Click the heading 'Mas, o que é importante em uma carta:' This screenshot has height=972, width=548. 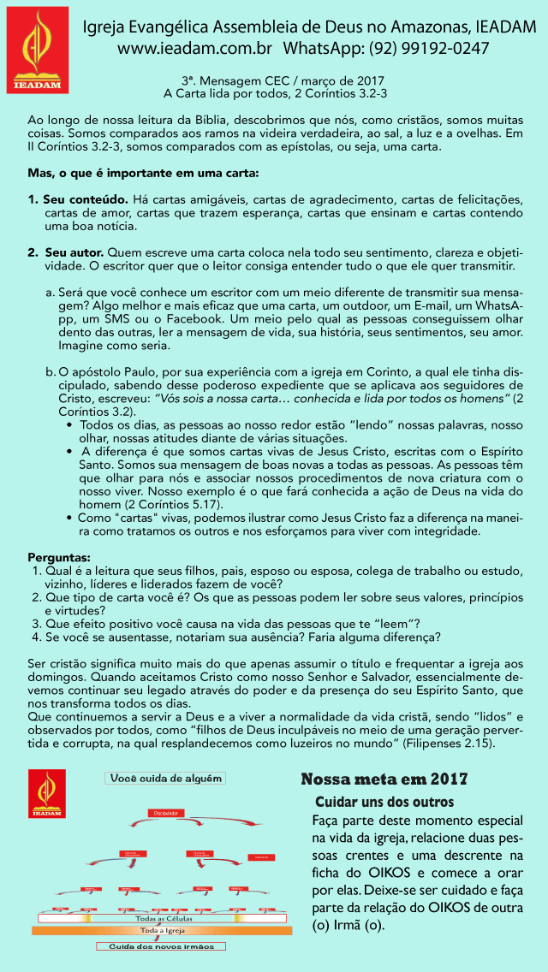coord(143,174)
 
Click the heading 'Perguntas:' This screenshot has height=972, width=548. coord(59,557)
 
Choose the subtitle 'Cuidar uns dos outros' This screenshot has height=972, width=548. coord(384,803)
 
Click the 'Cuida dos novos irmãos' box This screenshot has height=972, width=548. coord(161,946)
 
